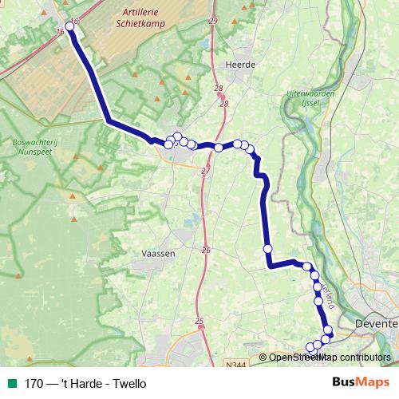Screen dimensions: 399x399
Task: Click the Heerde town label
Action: click(239, 65)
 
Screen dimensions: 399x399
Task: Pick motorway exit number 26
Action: click(206, 251)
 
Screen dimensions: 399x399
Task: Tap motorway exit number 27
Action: click(206, 172)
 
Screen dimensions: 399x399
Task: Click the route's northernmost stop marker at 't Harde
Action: click(69, 26)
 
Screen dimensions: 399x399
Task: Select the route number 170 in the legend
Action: click(34, 384)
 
